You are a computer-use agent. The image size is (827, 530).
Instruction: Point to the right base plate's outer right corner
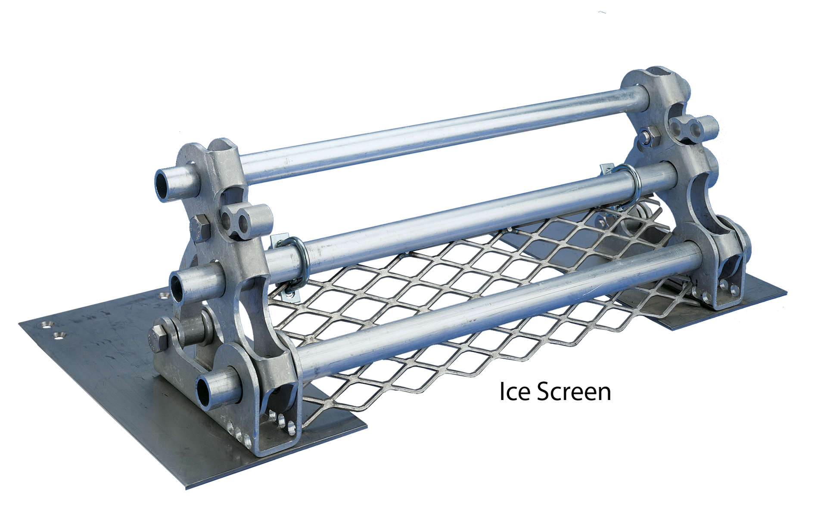pyautogui.click(x=787, y=292)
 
